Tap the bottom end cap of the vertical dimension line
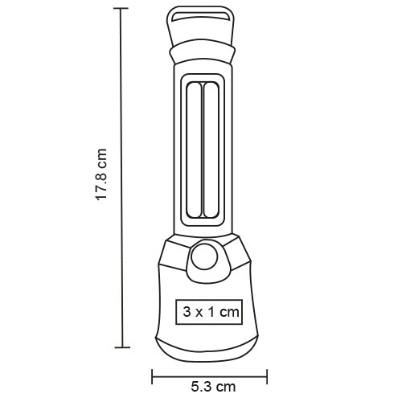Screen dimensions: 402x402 [x=121, y=347]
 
